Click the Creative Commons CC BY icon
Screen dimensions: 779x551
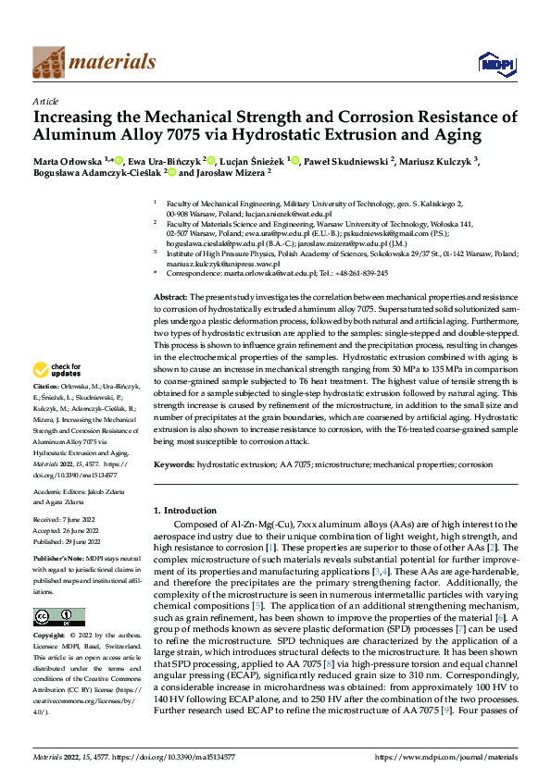coord(58,616)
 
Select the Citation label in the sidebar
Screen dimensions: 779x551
coord(45,385)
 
